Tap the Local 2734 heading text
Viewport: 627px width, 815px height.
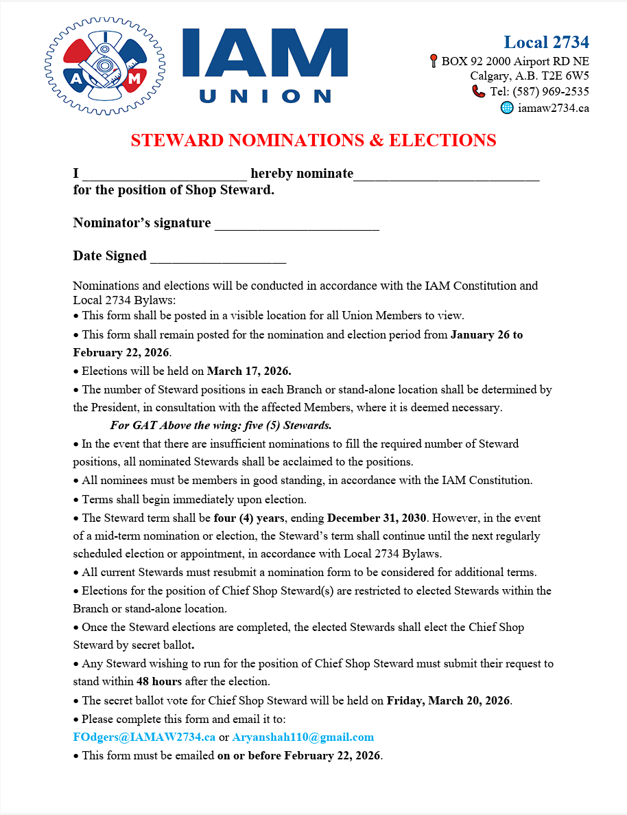pyautogui.click(x=546, y=42)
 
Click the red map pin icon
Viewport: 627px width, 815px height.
pyautogui.click(x=434, y=61)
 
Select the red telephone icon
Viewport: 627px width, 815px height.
pyautogui.click(x=478, y=91)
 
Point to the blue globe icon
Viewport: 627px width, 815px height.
pyautogui.click(x=507, y=107)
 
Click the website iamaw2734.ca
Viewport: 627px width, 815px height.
pyautogui.click(x=554, y=108)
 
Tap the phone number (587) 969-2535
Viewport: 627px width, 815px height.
pyautogui.click(x=550, y=92)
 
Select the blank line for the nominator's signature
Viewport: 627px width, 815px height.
pyautogui.click(x=296, y=224)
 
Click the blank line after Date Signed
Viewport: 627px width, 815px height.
pyautogui.click(x=217, y=257)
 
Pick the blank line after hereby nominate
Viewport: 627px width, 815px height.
pyautogui.click(x=446, y=174)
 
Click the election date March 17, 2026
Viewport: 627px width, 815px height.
pyautogui.click(x=249, y=371)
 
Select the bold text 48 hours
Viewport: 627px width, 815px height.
pyautogui.click(x=159, y=682)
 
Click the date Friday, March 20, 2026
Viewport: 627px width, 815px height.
pyautogui.click(x=449, y=700)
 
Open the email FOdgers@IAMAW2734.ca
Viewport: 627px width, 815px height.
pyautogui.click(x=144, y=737)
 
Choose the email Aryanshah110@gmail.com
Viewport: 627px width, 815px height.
pyautogui.click(x=303, y=737)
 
